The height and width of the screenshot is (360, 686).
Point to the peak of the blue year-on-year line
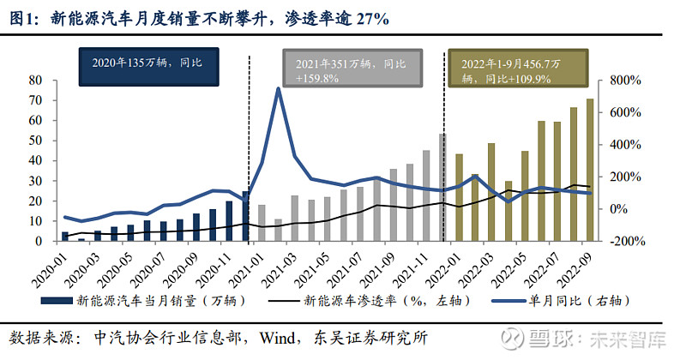pyautogui.click(x=278, y=88)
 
